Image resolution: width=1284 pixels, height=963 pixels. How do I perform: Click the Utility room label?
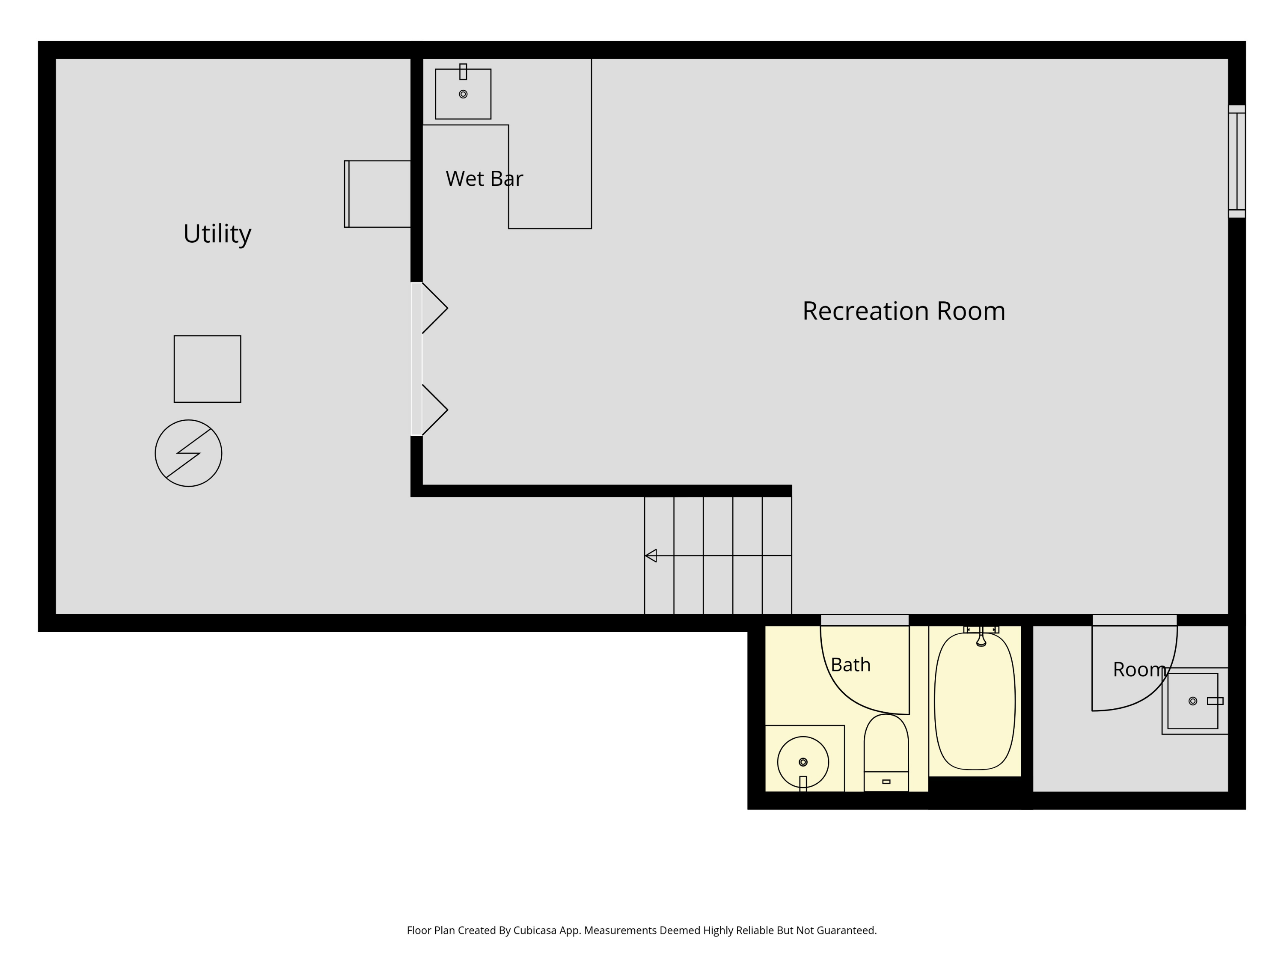pyautogui.click(x=217, y=234)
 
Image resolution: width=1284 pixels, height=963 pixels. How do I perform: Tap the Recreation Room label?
pyautogui.click(x=904, y=311)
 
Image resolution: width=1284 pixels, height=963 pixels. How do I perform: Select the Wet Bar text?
pyautogui.click(x=484, y=179)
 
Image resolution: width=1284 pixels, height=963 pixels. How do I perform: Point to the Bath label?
pyautogui.click(x=850, y=665)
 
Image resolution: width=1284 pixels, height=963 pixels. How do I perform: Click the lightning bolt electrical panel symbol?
pyautogui.click(x=189, y=453)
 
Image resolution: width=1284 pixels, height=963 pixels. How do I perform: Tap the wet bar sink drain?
pyautogui.click(x=463, y=94)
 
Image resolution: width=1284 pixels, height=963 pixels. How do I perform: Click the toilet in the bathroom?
pyautogui.click(x=886, y=753)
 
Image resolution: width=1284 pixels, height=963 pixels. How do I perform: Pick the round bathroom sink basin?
pyautogui.click(x=803, y=762)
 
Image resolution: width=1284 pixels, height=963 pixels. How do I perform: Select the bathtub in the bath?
pyautogui.click(x=975, y=701)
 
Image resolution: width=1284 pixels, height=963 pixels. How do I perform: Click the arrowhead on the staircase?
pyautogui.click(x=651, y=556)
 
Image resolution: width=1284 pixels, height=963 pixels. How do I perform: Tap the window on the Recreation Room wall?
pyautogui.click(x=1236, y=161)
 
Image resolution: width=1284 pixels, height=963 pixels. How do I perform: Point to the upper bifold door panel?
pyautogui.click(x=435, y=308)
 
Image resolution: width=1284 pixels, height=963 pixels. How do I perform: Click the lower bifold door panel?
pyautogui.click(x=435, y=410)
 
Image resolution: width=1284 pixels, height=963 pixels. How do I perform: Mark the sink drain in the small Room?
pyautogui.click(x=1193, y=701)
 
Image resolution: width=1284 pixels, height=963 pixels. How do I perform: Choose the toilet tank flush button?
pyautogui.click(x=886, y=782)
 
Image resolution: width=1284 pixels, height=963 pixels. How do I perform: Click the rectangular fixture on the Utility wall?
pyautogui.click(x=377, y=194)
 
